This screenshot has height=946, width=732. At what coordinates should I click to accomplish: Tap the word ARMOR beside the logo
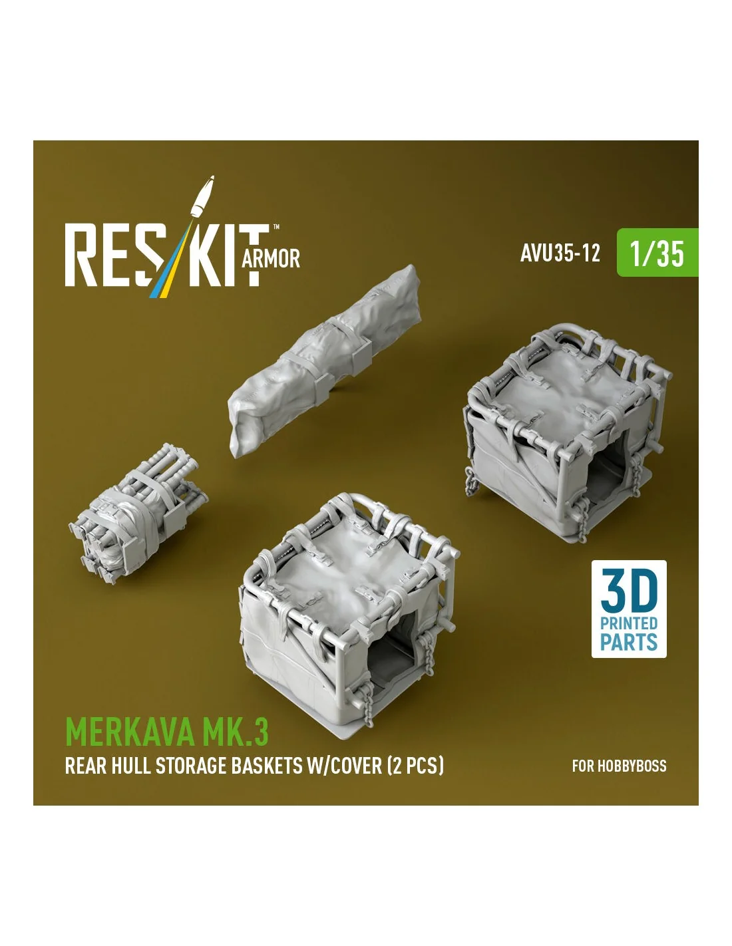click(270, 259)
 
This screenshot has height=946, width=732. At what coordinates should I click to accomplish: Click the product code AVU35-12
click(560, 253)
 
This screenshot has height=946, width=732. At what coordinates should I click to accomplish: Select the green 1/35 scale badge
click(657, 252)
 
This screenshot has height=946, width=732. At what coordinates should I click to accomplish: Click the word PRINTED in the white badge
click(629, 623)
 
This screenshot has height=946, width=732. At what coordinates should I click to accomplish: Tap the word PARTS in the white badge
click(629, 643)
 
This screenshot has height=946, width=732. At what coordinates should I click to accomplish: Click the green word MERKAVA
click(130, 732)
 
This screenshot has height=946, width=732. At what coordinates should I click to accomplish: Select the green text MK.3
click(235, 732)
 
